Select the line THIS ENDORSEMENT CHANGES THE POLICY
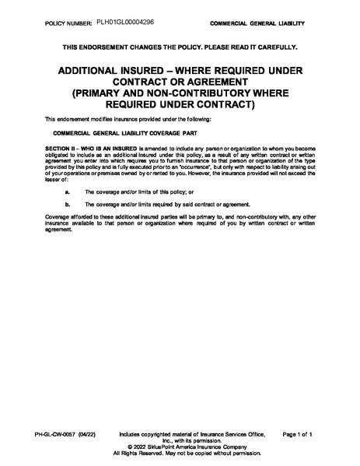point(180,47)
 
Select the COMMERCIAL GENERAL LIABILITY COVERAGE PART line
point(111,134)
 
